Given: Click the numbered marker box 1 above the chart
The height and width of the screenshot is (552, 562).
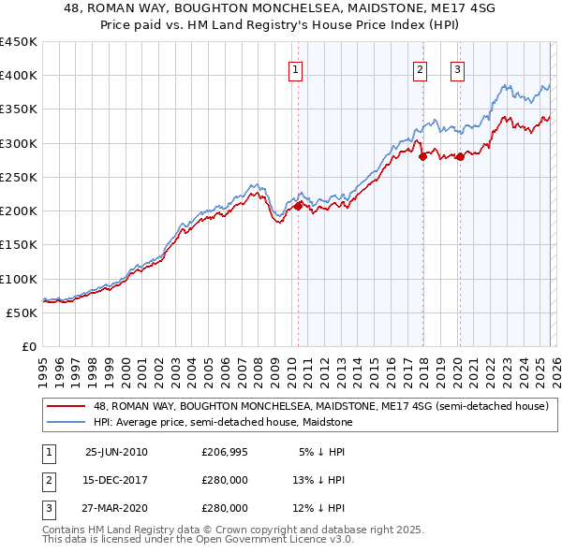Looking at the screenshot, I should click(x=296, y=69).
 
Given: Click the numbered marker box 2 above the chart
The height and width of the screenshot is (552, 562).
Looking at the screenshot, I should click(x=420, y=69).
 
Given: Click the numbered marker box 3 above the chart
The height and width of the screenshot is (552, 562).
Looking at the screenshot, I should click(x=458, y=69).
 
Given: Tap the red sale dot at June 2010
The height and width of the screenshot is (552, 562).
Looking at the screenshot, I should click(x=298, y=207).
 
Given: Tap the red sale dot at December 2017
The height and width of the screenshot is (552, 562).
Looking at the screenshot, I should click(x=422, y=157).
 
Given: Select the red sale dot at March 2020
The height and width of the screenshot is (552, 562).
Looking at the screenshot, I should click(x=460, y=157).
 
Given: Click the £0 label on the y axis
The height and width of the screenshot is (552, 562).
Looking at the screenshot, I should click(x=28, y=346).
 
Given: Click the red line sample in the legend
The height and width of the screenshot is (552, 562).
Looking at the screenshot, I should click(x=67, y=407).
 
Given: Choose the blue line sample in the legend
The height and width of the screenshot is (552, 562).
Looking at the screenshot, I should click(x=67, y=423).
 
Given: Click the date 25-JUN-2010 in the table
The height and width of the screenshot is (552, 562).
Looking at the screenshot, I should click(x=116, y=452).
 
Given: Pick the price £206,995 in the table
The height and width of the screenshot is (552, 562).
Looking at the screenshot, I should click(x=225, y=452).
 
